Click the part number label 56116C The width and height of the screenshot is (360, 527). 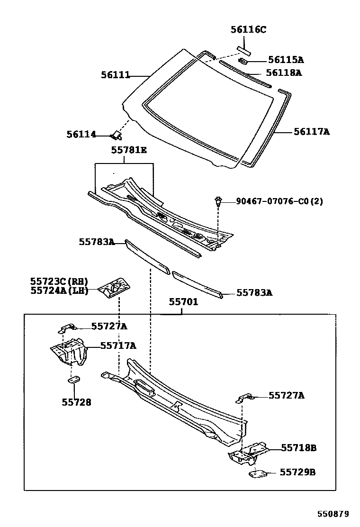click(x=248, y=30)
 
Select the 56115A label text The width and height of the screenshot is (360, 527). click(x=286, y=60)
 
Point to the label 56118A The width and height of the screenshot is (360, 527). click(x=283, y=73)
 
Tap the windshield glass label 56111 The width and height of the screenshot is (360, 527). click(x=115, y=74)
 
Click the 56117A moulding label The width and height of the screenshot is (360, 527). click(x=311, y=132)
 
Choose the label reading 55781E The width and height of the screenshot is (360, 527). click(x=129, y=150)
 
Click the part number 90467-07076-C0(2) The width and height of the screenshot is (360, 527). click(x=279, y=201)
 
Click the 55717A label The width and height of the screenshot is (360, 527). click(x=118, y=345)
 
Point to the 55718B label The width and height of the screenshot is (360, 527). click(x=298, y=447)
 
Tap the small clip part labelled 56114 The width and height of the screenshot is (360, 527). click(x=116, y=136)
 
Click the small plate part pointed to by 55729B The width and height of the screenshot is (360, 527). click(x=258, y=473)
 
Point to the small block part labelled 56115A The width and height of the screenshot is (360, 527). click(x=243, y=61)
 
